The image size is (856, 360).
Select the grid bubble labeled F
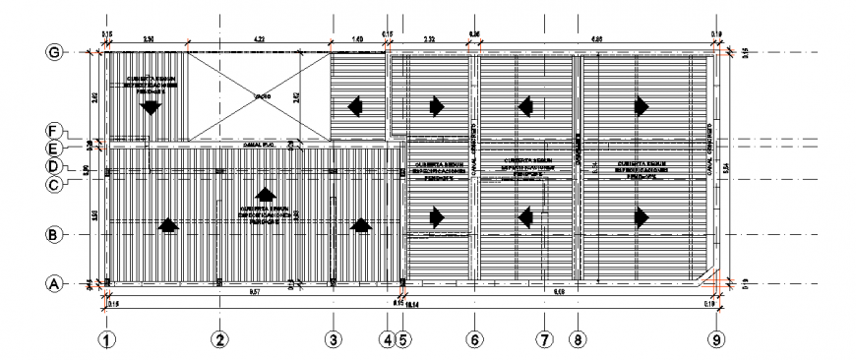[x=55, y=131]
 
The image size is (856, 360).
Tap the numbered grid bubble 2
[x=220, y=340]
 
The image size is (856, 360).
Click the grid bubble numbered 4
[x=388, y=340]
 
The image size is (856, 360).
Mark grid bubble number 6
[x=473, y=340]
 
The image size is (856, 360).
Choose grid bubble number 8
[x=577, y=340]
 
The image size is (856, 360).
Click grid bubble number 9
[x=717, y=340]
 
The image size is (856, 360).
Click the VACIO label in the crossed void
[x=261, y=96]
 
